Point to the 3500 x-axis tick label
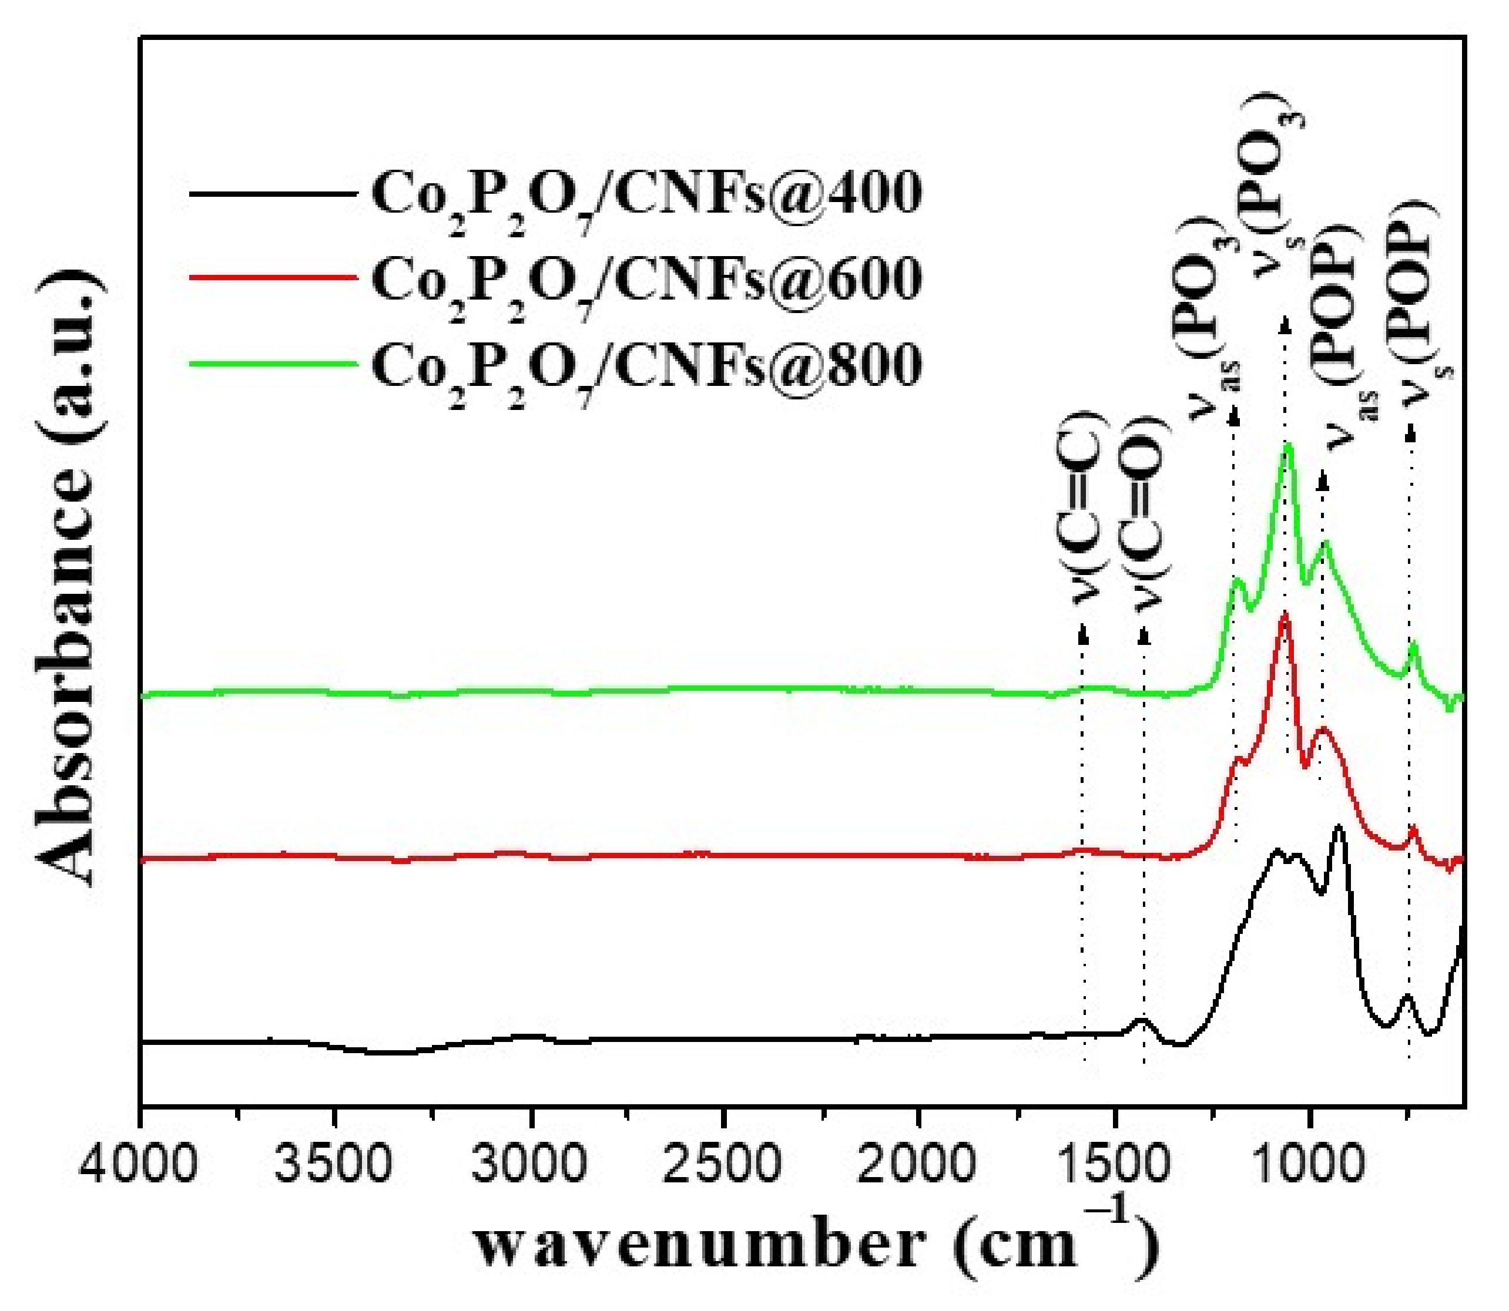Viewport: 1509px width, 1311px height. coord(334,1162)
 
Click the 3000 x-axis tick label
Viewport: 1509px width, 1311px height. coord(529,1162)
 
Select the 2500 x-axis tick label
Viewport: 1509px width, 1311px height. coord(723,1162)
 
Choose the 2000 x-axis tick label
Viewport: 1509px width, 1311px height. coord(918,1162)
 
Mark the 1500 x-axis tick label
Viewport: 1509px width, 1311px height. coord(1113,1162)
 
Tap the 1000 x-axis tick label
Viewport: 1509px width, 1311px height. coord(1308,1162)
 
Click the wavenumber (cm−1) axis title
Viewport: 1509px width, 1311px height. coord(816,1248)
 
